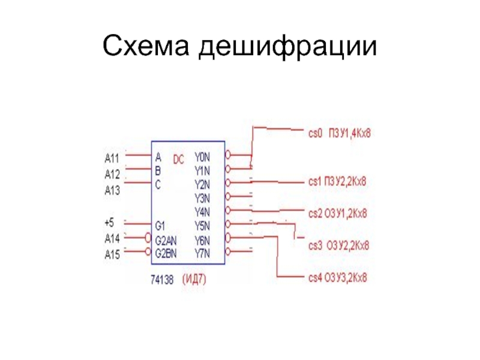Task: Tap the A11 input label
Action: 112,158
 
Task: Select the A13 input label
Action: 112,191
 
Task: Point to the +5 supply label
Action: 109,223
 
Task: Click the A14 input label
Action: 112,238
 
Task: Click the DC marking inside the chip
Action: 179,160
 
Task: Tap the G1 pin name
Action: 160,226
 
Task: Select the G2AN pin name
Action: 166,240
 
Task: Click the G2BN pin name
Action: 166,253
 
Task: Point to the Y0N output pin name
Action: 202,157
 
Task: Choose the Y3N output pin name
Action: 202,198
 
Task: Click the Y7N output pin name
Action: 202,253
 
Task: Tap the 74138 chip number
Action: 162,279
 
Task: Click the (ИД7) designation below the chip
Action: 197,279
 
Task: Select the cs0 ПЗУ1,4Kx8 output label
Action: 340,133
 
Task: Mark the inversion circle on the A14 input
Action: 148,238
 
